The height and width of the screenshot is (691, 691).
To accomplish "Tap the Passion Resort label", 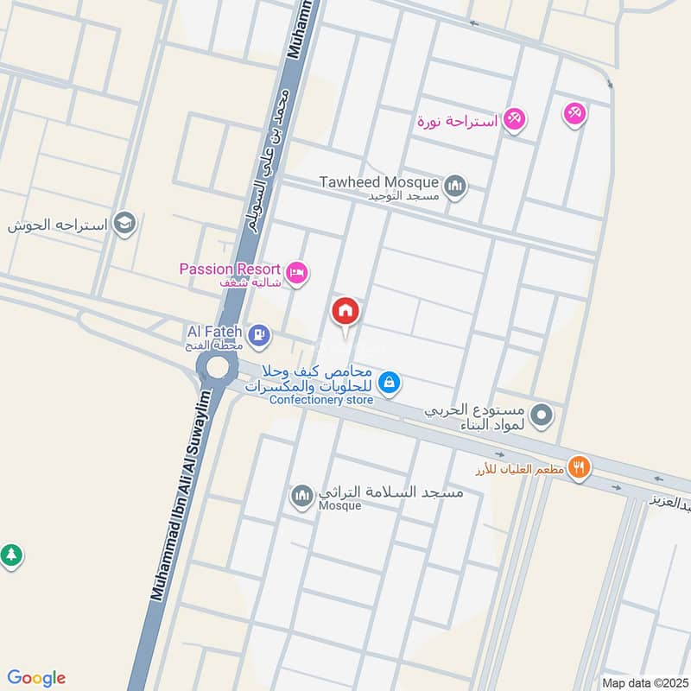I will [x=230, y=269].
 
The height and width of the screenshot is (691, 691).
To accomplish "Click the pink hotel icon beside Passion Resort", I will [x=296, y=272].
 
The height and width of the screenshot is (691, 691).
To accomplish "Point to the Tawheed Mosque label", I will [x=378, y=182].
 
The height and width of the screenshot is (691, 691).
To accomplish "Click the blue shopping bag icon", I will [x=390, y=381].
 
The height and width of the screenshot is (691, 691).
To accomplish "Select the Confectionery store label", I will [x=321, y=400].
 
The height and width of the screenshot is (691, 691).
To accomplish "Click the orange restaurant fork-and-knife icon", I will [x=580, y=467].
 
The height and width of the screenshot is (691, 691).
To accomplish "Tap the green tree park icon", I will [x=10, y=555].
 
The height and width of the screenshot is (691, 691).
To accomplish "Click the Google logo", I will [x=36, y=678].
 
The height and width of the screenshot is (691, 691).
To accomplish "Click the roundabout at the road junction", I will [x=216, y=368].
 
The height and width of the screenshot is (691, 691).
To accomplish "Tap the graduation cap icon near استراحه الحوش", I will [x=125, y=224].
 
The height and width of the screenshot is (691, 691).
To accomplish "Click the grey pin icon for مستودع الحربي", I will [x=542, y=415].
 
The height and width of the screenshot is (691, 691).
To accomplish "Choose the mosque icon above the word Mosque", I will [x=301, y=496].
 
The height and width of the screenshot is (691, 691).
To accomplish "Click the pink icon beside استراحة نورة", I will [x=515, y=119].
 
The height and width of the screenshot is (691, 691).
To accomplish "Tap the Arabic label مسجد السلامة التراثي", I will [x=391, y=492].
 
